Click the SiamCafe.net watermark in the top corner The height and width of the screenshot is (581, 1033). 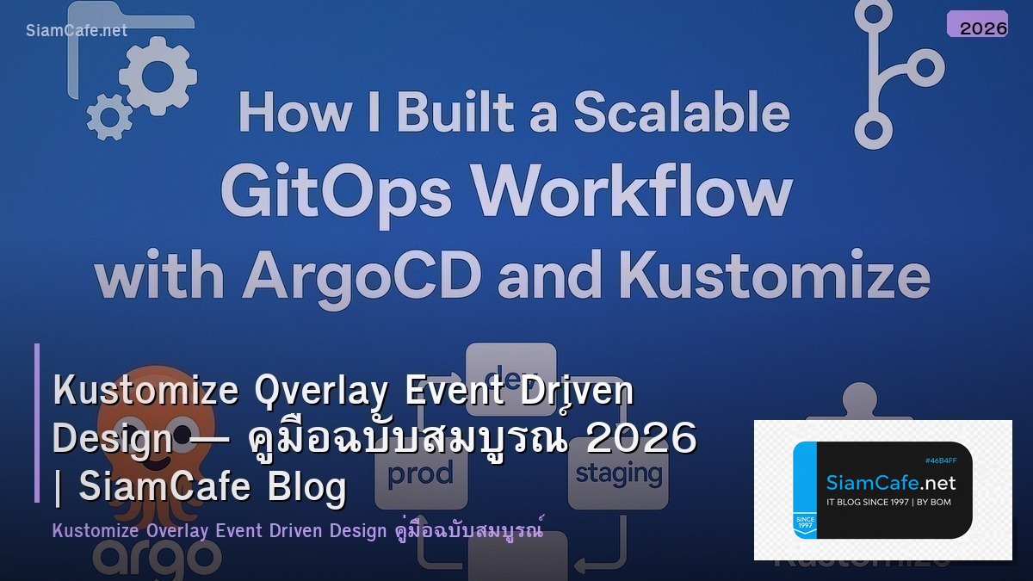[77, 30]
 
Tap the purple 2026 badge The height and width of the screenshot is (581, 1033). [977, 24]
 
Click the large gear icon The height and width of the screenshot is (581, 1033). [158, 77]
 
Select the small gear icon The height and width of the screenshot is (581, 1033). [109, 117]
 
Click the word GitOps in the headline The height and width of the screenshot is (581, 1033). [336, 193]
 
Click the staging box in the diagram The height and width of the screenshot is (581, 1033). [618, 473]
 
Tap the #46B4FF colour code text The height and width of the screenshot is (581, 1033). [941, 460]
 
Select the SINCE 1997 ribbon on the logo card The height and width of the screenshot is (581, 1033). [805, 523]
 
